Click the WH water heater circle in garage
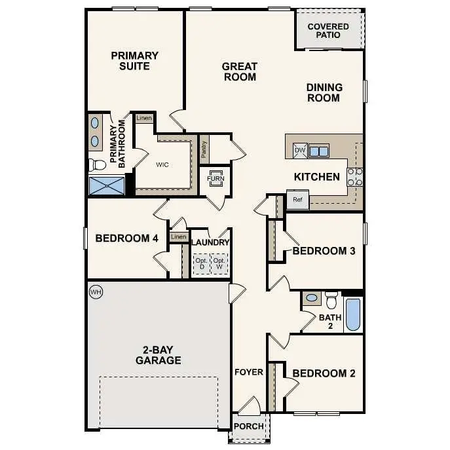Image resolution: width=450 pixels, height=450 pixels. [96, 291]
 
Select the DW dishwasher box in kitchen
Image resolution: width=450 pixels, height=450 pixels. [300, 151]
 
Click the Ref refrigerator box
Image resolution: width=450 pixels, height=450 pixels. [297, 200]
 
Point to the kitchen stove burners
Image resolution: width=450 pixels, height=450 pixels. [354, 177]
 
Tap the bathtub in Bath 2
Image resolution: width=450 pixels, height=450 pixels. [352, 314]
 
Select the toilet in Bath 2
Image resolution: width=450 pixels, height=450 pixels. [331, 300]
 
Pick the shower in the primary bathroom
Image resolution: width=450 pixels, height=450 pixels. [106, 185]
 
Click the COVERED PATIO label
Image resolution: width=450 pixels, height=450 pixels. [328, 31]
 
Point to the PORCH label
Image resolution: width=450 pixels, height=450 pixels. [249, 426]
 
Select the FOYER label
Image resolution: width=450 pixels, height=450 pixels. [249, 372]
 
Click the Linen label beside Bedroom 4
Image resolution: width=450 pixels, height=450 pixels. [178, 236]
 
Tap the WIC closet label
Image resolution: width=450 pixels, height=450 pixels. [162, 164]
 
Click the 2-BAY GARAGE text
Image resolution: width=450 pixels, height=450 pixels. [158, 355]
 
